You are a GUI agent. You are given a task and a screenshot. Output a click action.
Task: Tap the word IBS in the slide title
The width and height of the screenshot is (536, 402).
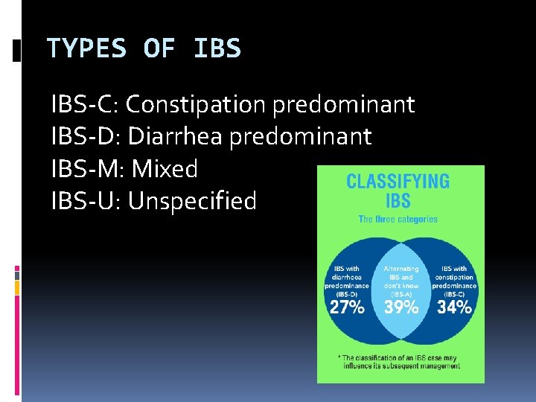[x=217, y=49]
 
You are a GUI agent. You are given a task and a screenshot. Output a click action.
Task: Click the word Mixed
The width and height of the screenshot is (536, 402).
[x=165, y=169]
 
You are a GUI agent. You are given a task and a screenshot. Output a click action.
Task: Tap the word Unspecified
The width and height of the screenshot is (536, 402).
[x=193, y=201]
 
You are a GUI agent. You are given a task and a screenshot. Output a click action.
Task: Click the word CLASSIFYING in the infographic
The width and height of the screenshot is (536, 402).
[x=398, y=182]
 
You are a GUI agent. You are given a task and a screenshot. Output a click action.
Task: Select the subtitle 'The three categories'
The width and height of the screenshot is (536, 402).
[x=398, y=219]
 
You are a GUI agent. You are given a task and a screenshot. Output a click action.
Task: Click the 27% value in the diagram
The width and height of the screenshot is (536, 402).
[x=347, y=307]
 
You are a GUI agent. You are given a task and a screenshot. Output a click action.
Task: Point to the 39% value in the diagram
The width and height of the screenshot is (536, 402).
[x=401, y=307]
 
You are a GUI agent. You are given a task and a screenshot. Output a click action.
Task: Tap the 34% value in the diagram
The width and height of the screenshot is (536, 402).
[x=454, y=307]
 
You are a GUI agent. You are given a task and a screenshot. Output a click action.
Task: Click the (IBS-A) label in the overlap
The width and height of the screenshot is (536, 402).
[x=401, y=293]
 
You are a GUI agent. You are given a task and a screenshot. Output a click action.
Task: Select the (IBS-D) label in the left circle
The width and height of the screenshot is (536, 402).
[x=347, y=293]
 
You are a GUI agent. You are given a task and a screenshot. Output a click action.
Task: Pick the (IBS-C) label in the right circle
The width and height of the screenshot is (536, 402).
[x=454, y=293]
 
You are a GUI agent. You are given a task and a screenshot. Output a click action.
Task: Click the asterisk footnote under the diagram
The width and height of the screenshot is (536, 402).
[x=401, y=362]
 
